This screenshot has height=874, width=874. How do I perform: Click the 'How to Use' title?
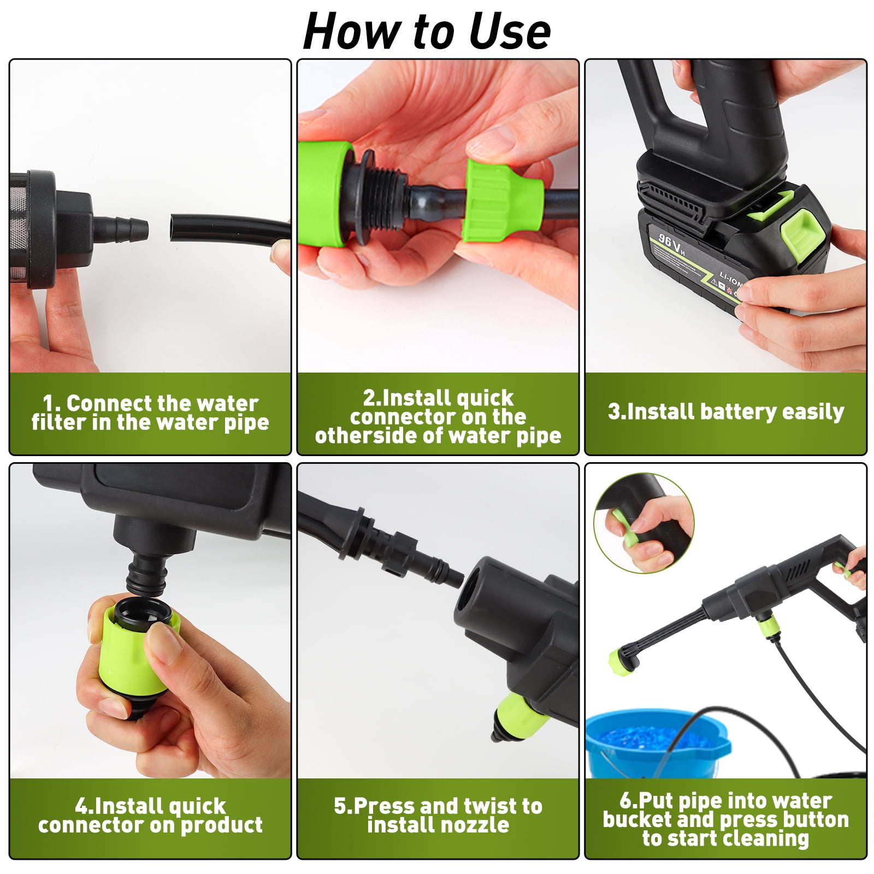pos(427,31)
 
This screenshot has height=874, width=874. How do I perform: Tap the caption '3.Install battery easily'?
pos(726,411)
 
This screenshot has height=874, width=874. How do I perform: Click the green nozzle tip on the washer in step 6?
pos(623,664)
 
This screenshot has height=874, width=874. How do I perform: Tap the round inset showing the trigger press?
pos(643,523)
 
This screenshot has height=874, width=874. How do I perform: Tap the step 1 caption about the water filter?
pos(150,413)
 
